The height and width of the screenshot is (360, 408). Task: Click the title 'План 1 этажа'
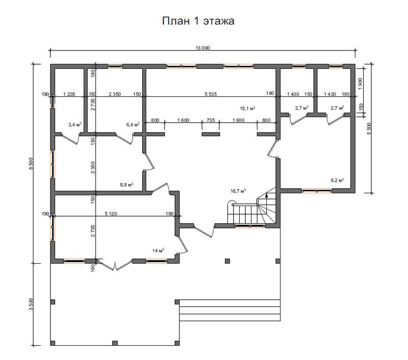198,21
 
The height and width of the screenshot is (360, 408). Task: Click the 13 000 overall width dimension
202,48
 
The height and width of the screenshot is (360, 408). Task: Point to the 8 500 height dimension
31,164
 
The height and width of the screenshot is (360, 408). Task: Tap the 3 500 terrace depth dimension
31,304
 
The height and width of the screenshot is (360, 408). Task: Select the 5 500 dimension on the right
369,128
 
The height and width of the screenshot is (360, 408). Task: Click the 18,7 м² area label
238,191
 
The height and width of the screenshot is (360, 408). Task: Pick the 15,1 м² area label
247,108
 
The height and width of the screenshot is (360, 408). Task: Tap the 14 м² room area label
158,251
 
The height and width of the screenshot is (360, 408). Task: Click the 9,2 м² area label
337,180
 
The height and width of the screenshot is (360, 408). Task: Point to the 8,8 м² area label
126,185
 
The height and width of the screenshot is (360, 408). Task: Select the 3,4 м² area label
75,124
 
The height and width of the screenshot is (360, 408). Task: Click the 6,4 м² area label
133,124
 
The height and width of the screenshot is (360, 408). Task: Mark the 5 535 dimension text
211,94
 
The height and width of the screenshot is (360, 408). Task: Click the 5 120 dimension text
111,214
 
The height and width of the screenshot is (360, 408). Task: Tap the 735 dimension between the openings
211,120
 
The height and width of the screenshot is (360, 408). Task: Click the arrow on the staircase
266,196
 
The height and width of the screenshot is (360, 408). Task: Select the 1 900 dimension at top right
360,84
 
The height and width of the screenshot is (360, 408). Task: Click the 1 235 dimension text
69,94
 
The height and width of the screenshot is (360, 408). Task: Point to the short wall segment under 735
211,134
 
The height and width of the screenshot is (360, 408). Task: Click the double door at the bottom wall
115,265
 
